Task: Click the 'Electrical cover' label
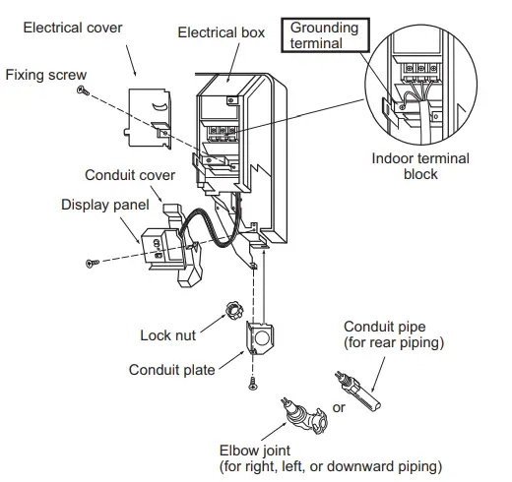click(74, 28)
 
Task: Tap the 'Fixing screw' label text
click(45, 74)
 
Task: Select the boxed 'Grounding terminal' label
click(322, 36)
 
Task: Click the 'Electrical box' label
click(222, 32)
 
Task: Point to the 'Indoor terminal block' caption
click(420, 165)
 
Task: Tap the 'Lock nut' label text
click(166, 335)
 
